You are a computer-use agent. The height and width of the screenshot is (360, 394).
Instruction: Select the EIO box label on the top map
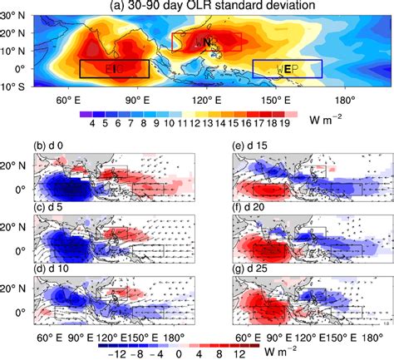tap(114, 69)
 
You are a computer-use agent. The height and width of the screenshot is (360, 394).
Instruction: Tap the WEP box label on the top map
tap(286, 69)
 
